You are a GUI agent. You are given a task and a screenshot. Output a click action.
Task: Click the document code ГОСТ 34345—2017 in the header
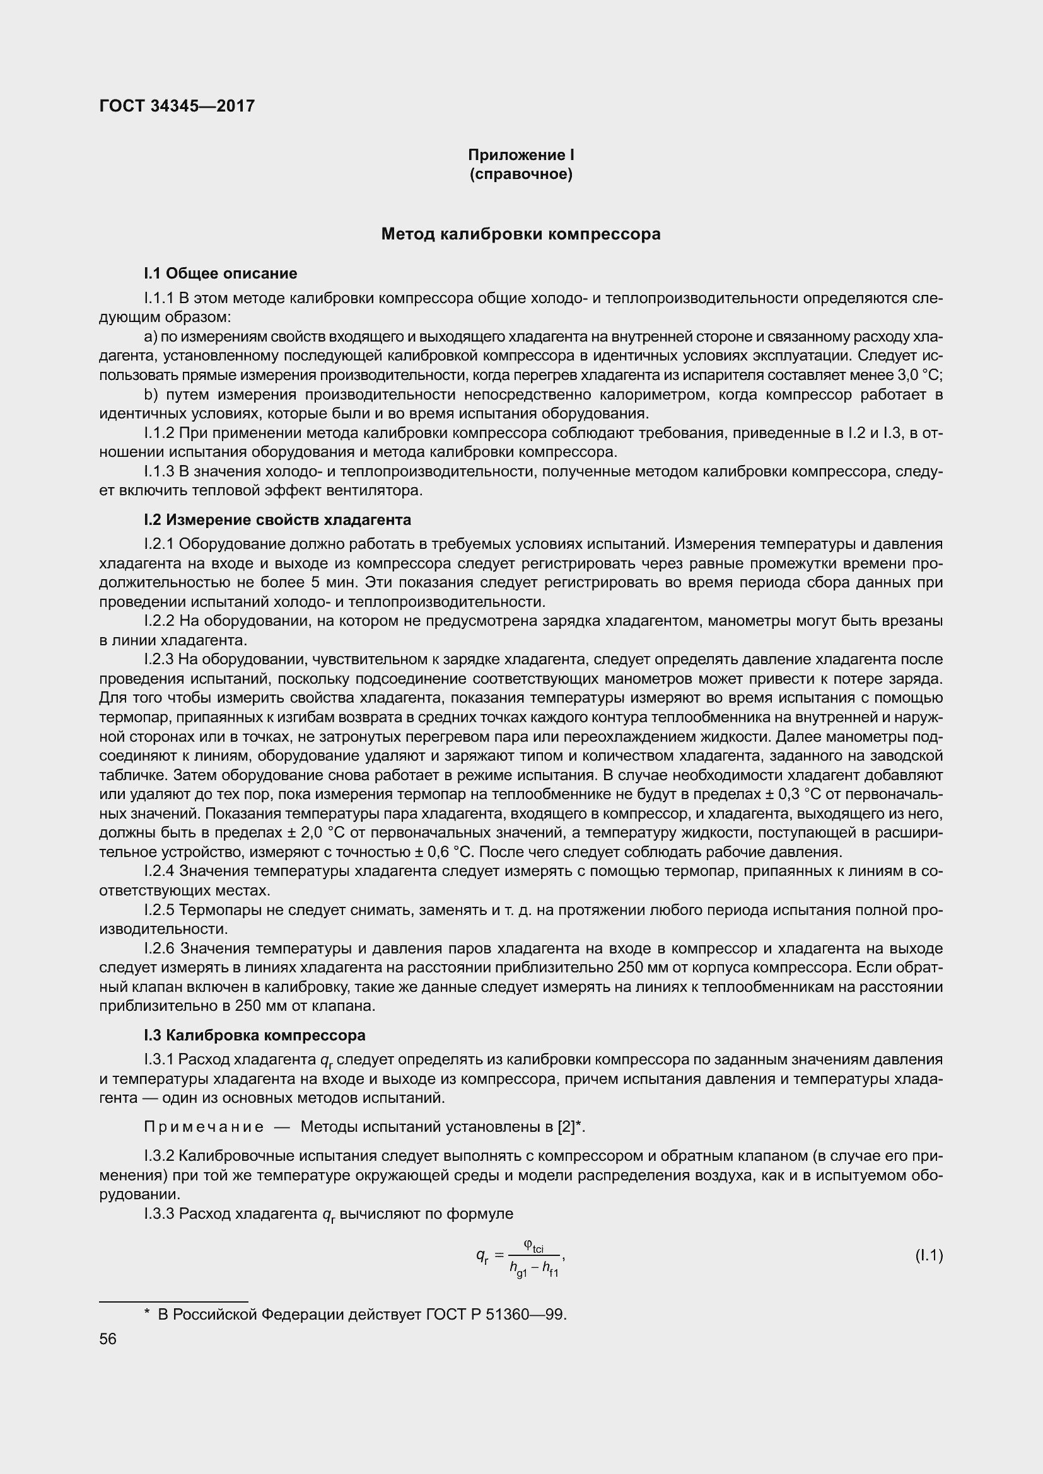177,106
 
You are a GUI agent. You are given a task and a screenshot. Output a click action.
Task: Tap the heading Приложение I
521,155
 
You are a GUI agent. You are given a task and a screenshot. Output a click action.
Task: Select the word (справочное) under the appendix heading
521,174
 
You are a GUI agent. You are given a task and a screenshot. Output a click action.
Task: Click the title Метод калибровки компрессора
521,234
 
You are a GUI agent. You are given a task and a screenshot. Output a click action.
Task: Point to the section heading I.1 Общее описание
220,273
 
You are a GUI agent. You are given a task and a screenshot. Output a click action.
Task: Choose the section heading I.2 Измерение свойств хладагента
277,519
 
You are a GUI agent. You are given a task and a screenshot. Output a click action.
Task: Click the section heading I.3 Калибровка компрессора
254,1035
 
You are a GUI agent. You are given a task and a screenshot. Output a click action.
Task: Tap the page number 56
108,1339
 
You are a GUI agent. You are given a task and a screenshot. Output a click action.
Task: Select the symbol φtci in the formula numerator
533,1246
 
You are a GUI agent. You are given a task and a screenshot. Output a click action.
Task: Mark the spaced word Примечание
204,1127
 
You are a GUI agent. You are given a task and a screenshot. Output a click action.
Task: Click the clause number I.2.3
160,659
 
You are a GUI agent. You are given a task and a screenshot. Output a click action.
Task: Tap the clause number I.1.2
160,434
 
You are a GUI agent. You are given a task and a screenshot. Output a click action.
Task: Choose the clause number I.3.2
160,1156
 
